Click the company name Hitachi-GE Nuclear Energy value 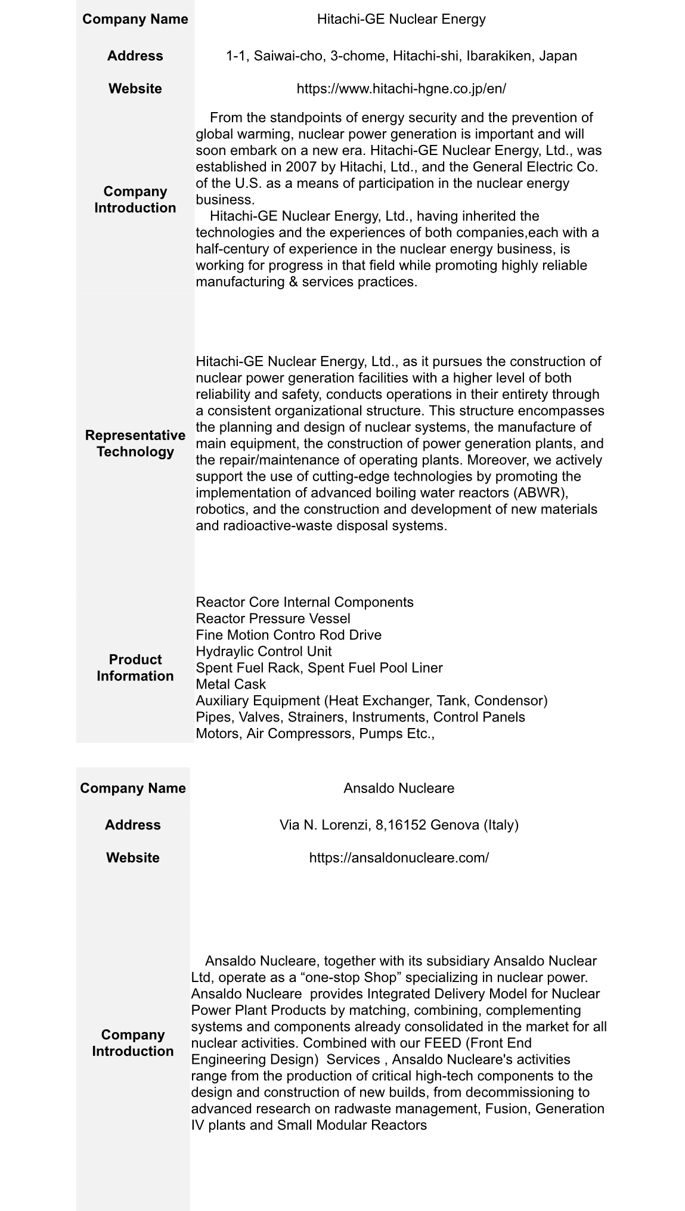point(401,19)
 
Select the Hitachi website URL point(401,89)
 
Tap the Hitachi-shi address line point(401,56)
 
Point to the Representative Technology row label point(135,443)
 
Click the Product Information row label point(135,668)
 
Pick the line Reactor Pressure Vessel point(273,618)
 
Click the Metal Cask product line point(231,684)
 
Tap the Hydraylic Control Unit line point(264,651)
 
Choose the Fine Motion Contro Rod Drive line point(289,635)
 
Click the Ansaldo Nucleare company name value point(399,788)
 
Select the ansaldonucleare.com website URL point(399,858)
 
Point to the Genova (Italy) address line point(399,825)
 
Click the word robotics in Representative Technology point(215,509)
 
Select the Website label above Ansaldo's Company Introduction point(133,858)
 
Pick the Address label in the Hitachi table point(135,56)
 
